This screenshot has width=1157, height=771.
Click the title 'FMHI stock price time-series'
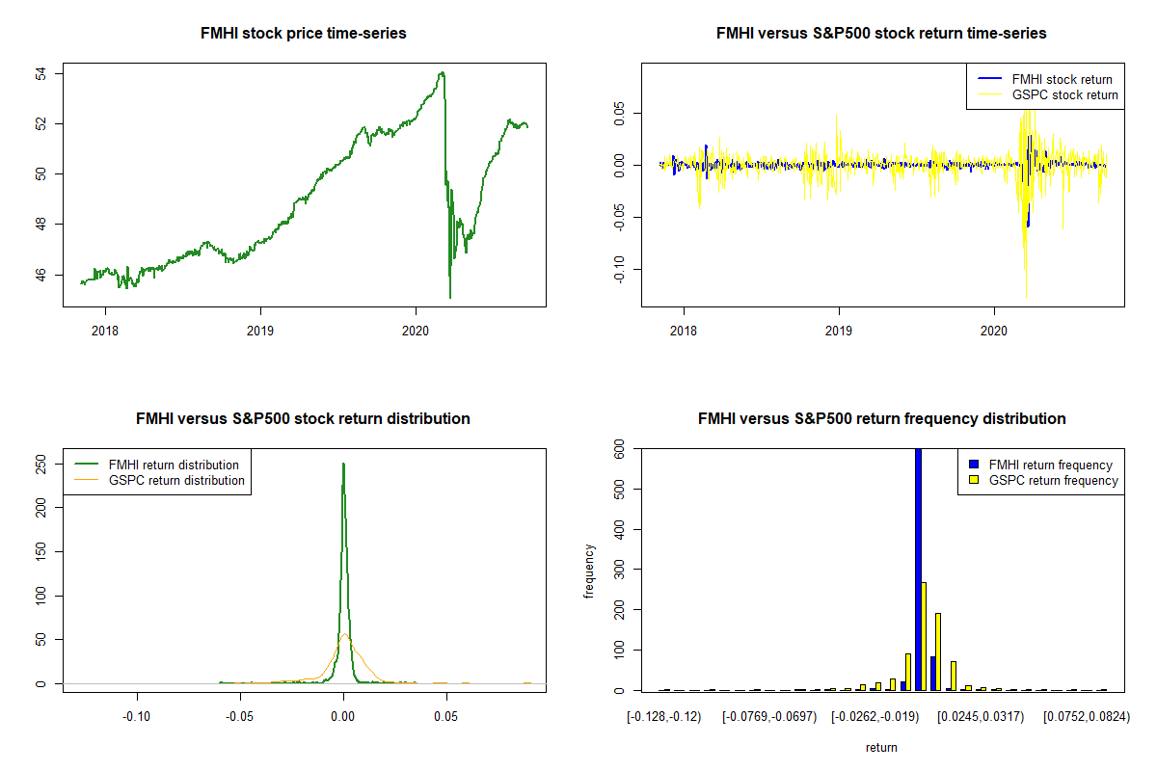coord(303,34)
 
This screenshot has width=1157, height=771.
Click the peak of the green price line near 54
coord(442,72)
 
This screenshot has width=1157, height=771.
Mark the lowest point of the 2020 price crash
coord(450,297)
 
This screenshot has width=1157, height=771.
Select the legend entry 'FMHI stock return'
coord(1062,79)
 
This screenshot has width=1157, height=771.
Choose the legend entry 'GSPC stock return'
coord(1064,94)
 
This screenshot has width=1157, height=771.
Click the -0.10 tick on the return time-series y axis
coord(621,267)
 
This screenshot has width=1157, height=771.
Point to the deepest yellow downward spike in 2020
coord(1026,297)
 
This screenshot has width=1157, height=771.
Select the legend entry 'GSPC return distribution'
coord(176,480)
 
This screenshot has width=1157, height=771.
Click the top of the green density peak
coord(343,464)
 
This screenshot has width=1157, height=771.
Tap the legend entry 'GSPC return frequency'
coord(1053,480)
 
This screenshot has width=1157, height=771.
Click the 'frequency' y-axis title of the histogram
coord(590,571)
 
